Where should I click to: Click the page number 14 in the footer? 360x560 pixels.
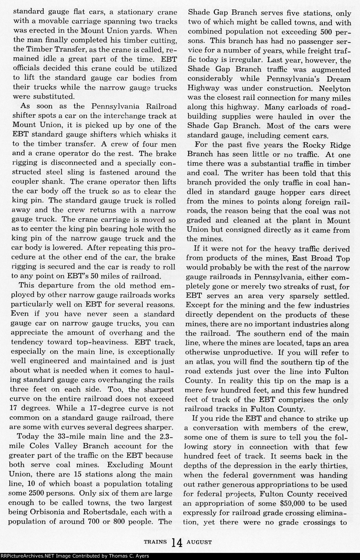point(177,542)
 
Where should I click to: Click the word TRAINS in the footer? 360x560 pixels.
point(155,542)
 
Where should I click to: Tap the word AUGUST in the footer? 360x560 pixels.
point(199,542)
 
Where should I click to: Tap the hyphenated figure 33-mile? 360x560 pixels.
point(70,437)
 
